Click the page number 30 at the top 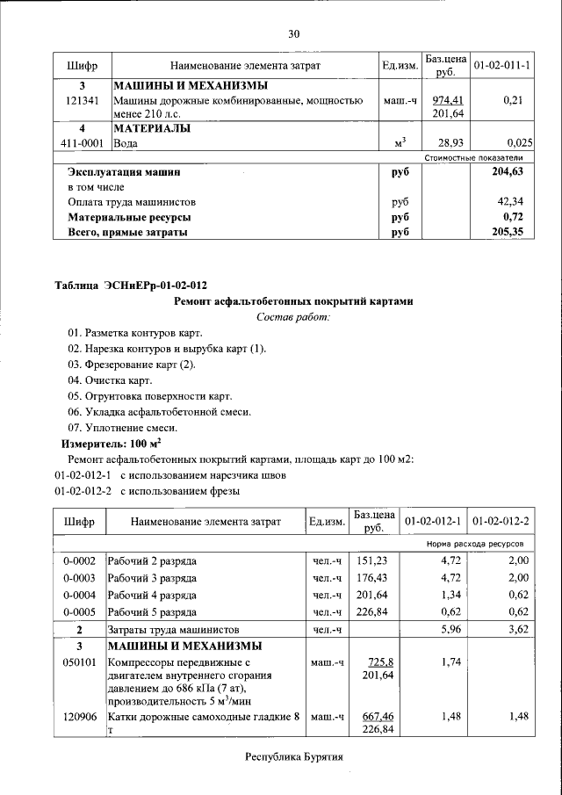(294, 33)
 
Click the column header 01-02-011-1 (501, 66)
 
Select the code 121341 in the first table (82, 102)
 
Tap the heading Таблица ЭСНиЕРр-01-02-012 (132, 285)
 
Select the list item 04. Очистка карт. (110, 380)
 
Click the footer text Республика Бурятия (292, 755)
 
